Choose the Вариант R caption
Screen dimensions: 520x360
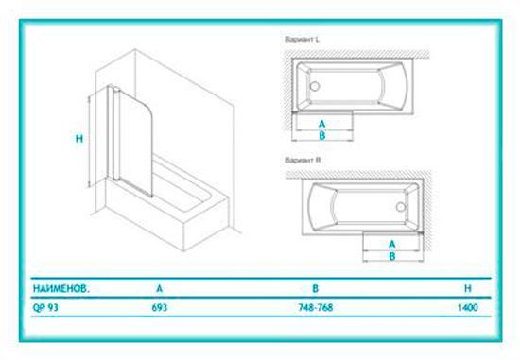pos(303,160)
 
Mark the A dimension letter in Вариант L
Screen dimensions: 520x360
pos(323,124)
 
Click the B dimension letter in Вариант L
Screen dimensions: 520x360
pos(323,136)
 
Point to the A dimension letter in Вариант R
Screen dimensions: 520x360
pos(391,244)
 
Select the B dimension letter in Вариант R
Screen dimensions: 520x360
pos(391,256)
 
